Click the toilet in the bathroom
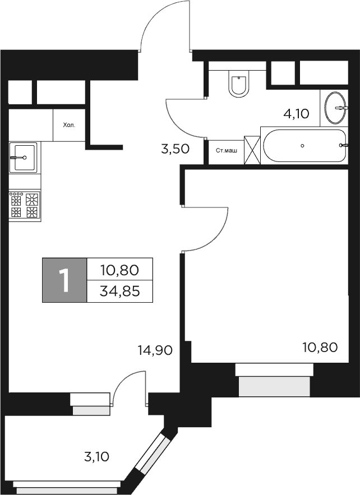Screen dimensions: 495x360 point(238,85)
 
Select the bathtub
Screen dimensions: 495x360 point(303,146)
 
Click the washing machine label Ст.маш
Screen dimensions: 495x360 point(226,150)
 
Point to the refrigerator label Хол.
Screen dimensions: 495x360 point(68,126)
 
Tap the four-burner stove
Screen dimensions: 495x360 point(25,205)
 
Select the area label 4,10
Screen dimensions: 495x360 point(296,114)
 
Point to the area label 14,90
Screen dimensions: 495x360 point(154,350)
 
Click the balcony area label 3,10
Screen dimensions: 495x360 point(96,457)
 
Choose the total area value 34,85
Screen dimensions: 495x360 point(119,291)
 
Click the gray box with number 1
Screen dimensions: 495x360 point(64,280)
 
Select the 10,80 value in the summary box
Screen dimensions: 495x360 point(119,270)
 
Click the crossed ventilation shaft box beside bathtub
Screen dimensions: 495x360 point(252,150)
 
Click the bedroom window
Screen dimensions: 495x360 point(274,381)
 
